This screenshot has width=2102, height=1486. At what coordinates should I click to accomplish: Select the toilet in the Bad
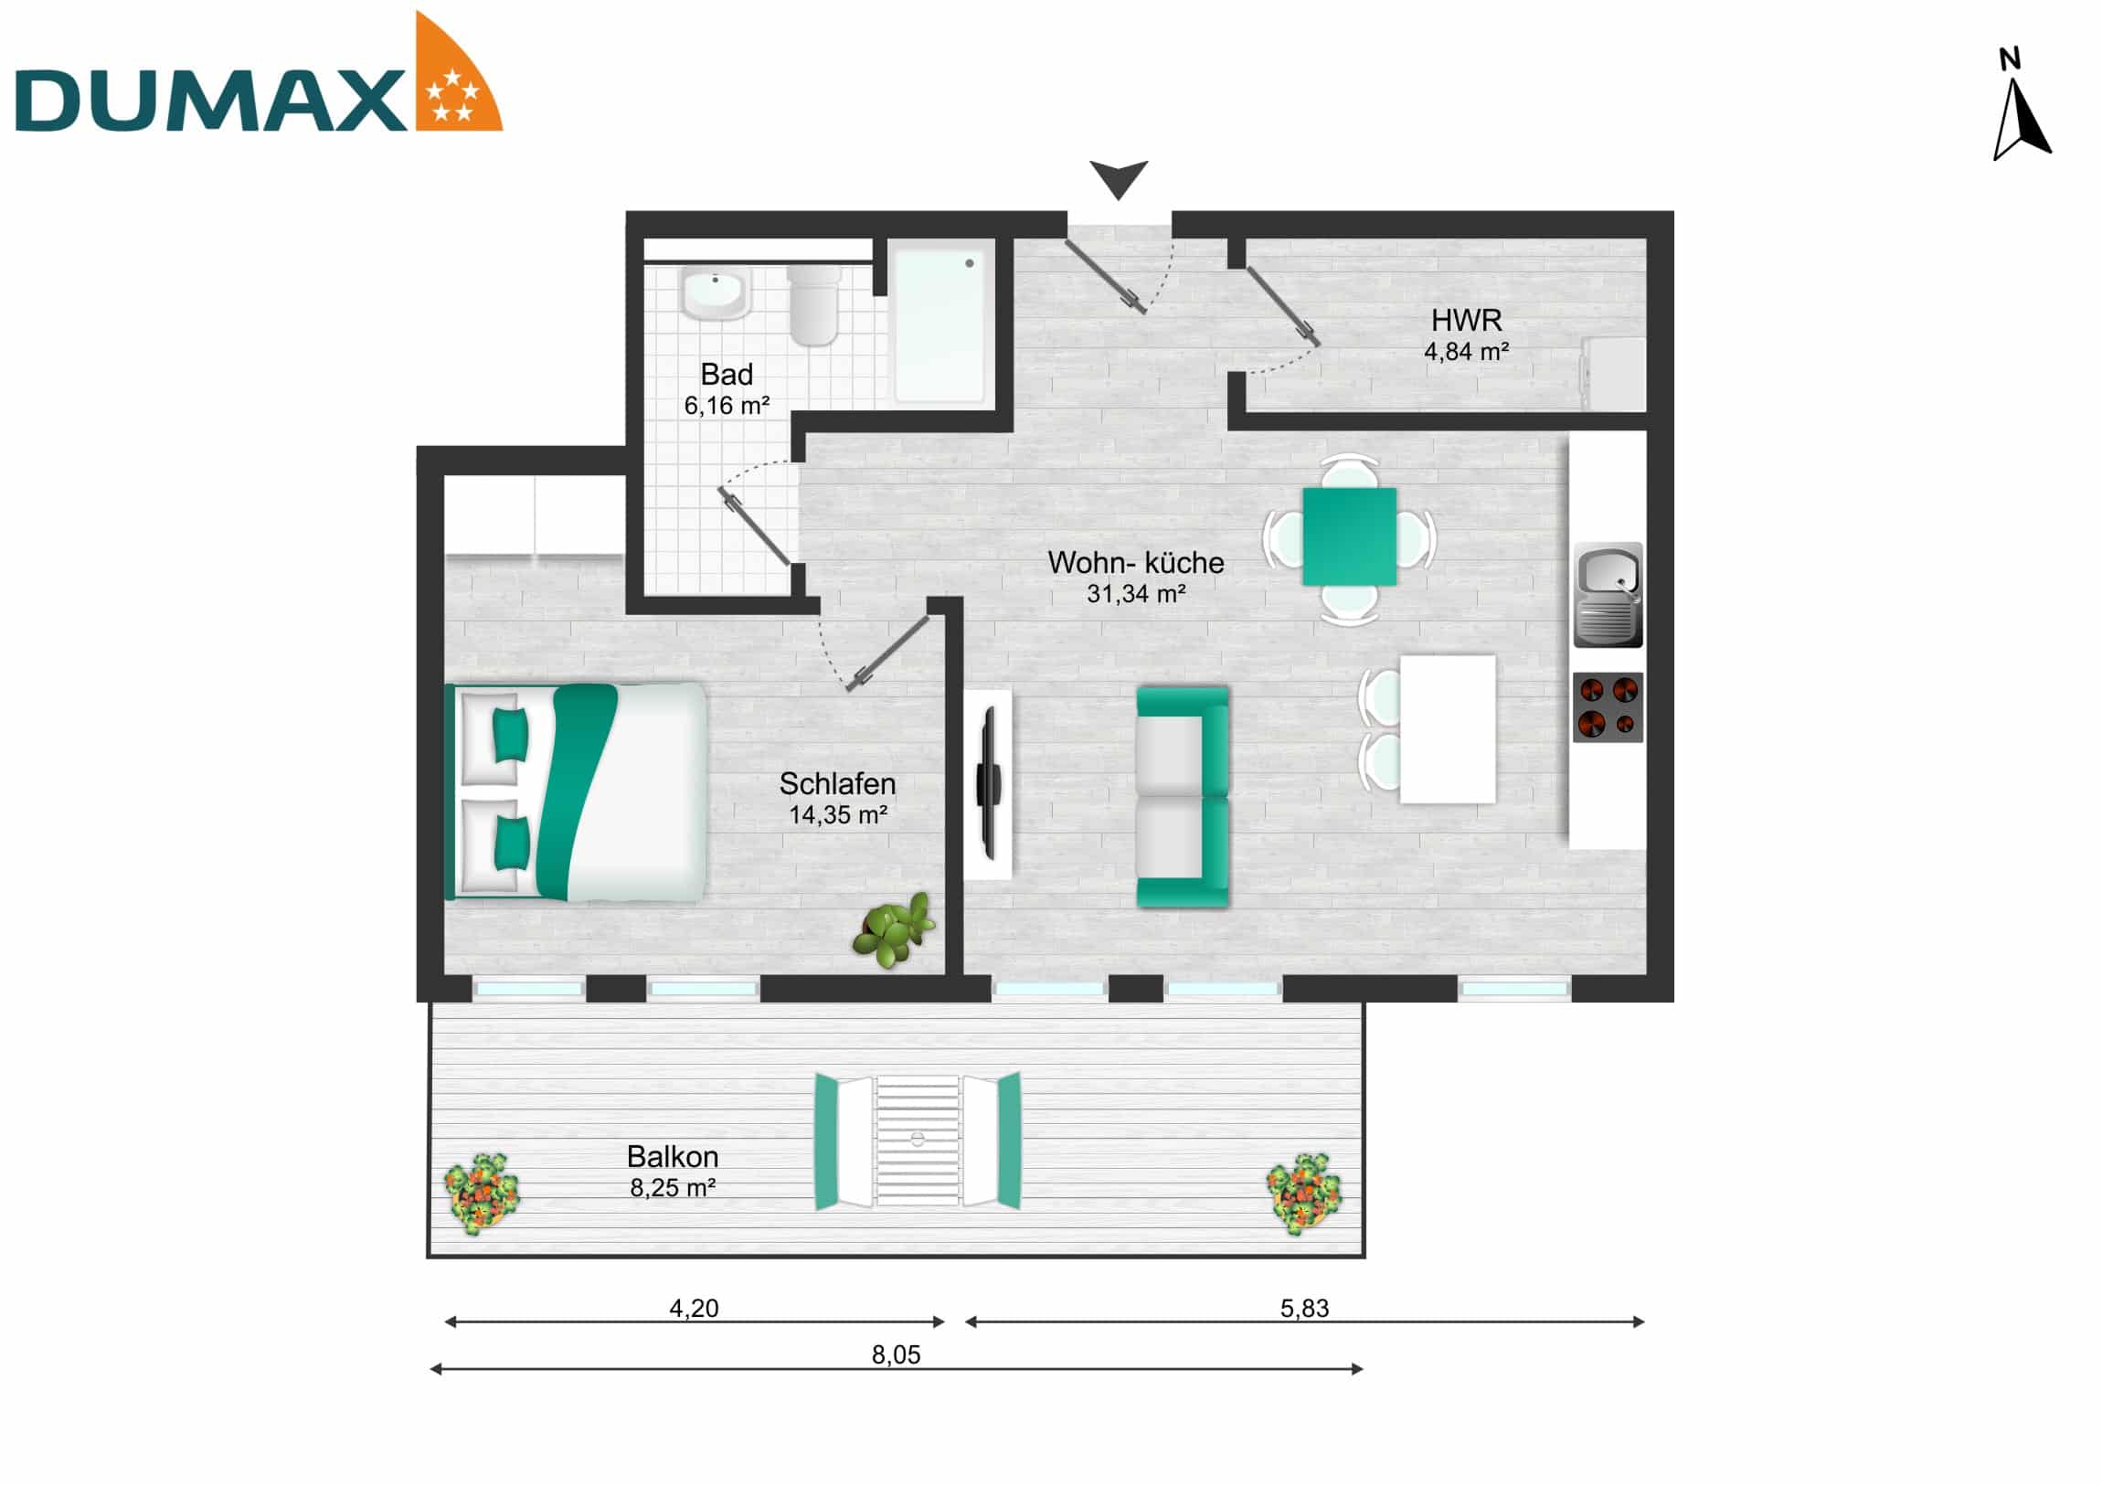[x=813, y=304]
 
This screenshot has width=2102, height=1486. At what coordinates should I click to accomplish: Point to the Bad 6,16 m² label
[x=726, y=389]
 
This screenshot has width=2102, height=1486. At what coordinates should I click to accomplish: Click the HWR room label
[x=1466, y=334]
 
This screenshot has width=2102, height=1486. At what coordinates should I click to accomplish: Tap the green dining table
[x=1349, y=536]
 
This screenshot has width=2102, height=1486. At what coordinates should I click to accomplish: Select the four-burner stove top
[x=1608, y=707]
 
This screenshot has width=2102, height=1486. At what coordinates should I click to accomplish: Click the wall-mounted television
[x=988, y=784]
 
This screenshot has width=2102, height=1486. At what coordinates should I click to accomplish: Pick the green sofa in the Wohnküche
[x=1182, y=797]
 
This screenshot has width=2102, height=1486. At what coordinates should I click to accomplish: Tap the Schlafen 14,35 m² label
[x=837, y=799]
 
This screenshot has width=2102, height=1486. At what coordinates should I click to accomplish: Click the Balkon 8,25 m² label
[x=672, y=1171]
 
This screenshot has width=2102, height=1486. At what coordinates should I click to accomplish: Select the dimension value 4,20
[x=693, y=1309]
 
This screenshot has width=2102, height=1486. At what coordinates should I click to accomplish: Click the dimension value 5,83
[x=1303, y=1309]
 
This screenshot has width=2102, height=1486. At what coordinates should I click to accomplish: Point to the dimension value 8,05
[x=896, y=1355]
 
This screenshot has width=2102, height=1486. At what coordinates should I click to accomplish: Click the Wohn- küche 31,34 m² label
[x=1135, y=577]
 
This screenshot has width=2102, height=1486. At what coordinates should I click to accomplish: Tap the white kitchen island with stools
[x=1447, y=728]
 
